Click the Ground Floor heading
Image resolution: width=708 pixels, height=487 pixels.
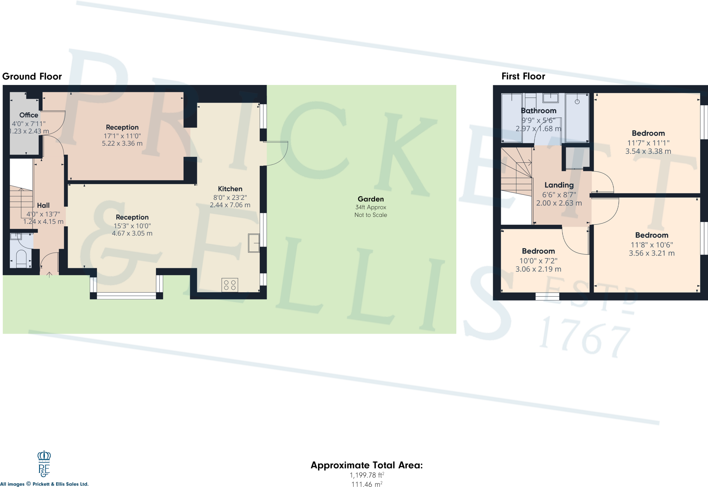(32, 76)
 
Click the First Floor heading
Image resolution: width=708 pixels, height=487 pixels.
(523, 76)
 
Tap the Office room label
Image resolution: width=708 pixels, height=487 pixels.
(29, 115)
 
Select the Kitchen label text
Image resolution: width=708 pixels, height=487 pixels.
(230, 189)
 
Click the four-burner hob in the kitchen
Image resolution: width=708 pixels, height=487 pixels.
(230, 285)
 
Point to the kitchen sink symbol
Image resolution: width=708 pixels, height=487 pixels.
(254, 243)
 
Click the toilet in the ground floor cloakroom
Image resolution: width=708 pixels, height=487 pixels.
(21, 259)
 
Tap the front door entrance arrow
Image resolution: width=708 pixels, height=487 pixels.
(49, 275)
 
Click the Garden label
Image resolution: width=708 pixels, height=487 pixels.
(371, 199)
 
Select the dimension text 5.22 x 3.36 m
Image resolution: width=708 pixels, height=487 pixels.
(122, 143)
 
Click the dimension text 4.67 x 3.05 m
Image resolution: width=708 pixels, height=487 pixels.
(132, 233)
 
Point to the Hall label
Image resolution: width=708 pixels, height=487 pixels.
(43, 206)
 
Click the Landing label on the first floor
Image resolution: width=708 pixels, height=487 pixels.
(559, 185)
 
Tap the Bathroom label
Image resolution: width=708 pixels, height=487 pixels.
(539, 111)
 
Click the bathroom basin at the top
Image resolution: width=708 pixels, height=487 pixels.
(550, 98)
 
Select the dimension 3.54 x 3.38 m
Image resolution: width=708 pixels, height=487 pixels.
(648, 151)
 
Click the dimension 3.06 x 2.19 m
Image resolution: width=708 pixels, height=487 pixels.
(538, 269)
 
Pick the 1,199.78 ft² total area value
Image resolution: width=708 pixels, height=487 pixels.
(367, 475)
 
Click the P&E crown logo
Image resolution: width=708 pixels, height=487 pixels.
(44, 464)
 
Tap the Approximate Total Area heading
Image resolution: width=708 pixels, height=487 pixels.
(366, 465)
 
